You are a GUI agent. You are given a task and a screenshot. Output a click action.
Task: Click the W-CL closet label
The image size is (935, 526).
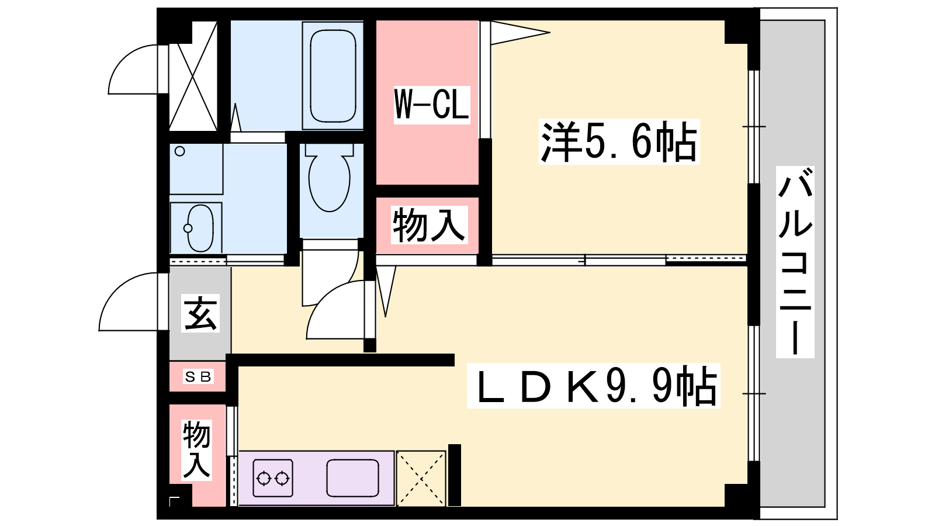432,105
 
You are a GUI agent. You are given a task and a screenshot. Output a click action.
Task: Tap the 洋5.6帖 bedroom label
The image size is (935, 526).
619,142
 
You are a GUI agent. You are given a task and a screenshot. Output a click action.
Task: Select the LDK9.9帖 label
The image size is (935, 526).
594,386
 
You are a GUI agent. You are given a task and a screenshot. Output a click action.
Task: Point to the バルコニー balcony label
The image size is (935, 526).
795,262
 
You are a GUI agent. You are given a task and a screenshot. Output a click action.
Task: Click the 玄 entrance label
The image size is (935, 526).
200,313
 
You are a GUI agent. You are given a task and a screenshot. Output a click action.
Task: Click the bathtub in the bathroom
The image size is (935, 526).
333,75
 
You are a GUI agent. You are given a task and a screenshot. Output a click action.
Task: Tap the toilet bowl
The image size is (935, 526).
330,178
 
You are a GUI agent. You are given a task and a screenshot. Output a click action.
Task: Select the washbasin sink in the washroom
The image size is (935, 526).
200,228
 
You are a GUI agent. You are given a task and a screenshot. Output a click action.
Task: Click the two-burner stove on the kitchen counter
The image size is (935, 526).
273,479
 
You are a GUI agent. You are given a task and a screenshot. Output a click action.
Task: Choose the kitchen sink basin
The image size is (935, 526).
353,479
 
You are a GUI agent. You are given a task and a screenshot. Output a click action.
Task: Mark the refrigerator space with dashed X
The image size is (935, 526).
421,479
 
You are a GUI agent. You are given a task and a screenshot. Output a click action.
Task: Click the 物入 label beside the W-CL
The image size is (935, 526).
429,226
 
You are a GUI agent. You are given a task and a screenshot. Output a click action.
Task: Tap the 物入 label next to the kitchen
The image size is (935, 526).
196,449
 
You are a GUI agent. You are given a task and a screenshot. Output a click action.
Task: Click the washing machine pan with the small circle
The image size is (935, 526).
196,169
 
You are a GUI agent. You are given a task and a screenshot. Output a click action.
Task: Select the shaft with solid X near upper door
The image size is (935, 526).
193,75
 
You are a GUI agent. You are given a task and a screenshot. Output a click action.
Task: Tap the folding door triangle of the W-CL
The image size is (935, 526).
520,32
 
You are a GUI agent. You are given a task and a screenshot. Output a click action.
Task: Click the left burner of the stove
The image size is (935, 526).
264,479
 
